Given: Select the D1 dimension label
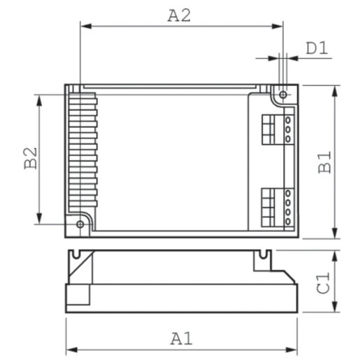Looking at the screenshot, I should click(317, 49).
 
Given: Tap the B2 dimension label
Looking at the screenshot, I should click(30, 158).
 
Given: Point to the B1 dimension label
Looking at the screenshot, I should click(325, 161).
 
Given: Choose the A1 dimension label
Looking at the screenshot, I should click(181, 338).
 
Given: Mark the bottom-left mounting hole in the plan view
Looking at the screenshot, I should click(80, 224).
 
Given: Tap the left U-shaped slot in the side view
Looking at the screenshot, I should click(79, 254).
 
